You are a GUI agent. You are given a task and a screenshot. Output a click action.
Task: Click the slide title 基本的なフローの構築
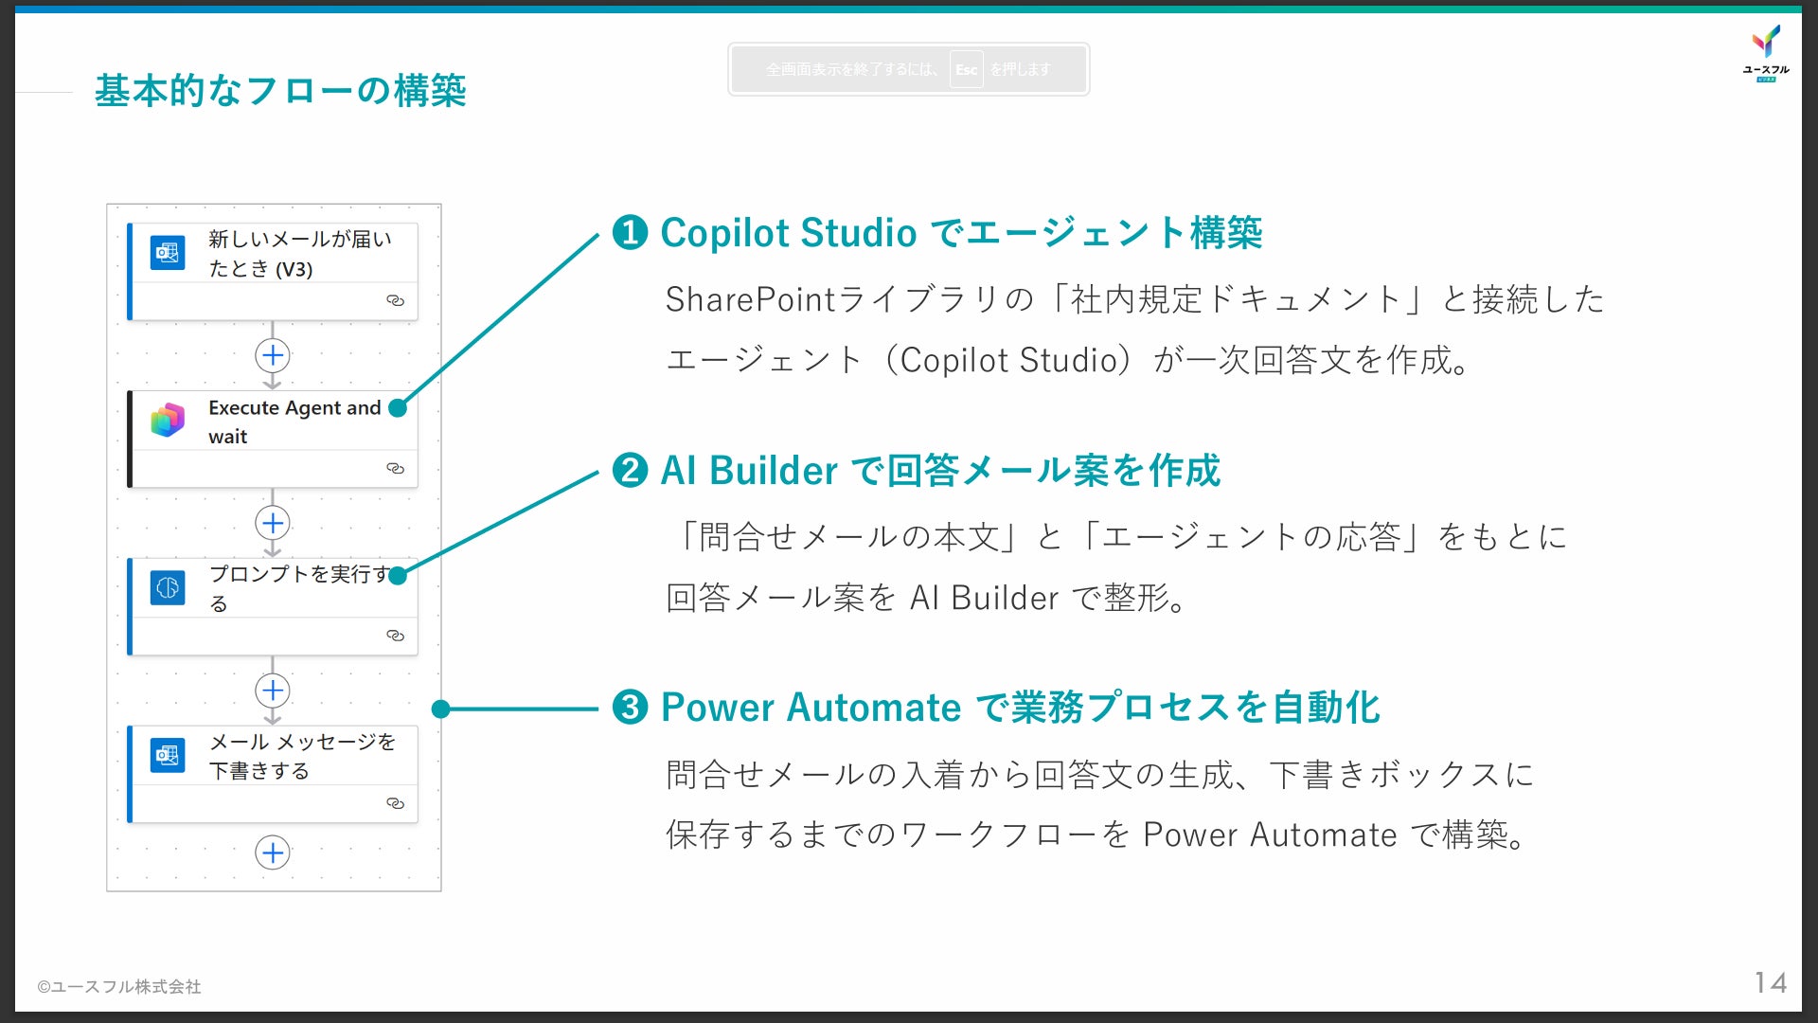tap(280, 91)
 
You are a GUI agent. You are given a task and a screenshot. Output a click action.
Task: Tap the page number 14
tap(1770, 982)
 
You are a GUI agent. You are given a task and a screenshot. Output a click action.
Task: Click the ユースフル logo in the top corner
tap(1766, 52)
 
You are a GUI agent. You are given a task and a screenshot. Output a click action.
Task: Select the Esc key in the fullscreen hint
tap(966, 69)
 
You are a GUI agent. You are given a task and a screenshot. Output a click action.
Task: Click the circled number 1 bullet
tap(630, 232)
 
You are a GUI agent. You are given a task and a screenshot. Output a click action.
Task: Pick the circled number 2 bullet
tap(630, 470)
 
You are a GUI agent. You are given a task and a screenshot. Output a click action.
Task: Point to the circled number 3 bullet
tap(630, 707)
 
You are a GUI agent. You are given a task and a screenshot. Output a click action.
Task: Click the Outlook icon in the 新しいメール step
tap(168, 253)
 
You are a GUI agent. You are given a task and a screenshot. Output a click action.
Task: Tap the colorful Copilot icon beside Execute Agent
tap(168, 420)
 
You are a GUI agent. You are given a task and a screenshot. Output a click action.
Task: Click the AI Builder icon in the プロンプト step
tap(168, 587)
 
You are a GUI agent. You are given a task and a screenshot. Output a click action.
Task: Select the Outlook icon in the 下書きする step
tap(168, 755)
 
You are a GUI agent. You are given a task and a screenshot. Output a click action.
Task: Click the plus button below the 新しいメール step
tap(273, 355)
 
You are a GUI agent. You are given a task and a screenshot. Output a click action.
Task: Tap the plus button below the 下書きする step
tap(273, 852)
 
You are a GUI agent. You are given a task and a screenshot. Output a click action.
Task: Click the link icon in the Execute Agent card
tap(395, 468)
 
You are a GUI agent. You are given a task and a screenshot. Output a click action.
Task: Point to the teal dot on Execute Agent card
tap(398, 408)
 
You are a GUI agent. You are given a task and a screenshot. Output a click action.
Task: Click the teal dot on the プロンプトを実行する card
tap(398, 575)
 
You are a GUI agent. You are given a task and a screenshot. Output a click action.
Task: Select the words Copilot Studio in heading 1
tap(788, 233)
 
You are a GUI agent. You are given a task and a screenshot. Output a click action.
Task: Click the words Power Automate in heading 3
tap(811, 708)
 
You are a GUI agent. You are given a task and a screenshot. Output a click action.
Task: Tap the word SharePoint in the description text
tap(750, 299)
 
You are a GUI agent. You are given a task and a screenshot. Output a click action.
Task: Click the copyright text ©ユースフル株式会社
tap(119, 986)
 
